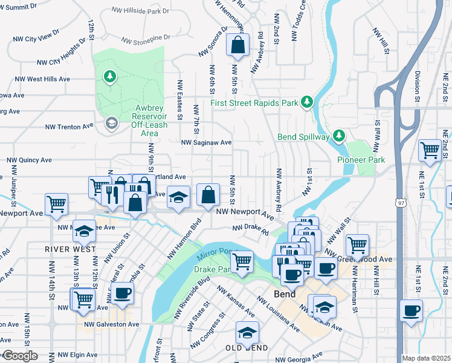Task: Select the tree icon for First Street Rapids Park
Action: [x=307, y=101]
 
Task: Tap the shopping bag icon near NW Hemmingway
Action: [x=237, y=44]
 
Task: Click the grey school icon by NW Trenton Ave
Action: [x=111, y=124]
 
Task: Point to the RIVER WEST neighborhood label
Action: [x=69, y=249]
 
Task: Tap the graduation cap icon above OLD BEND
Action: [x=247, y=332]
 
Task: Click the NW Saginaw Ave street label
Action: [x=207, y=143]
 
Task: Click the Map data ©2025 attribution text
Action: [x=426, y=358]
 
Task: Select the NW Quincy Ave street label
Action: [x=29, y=161]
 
